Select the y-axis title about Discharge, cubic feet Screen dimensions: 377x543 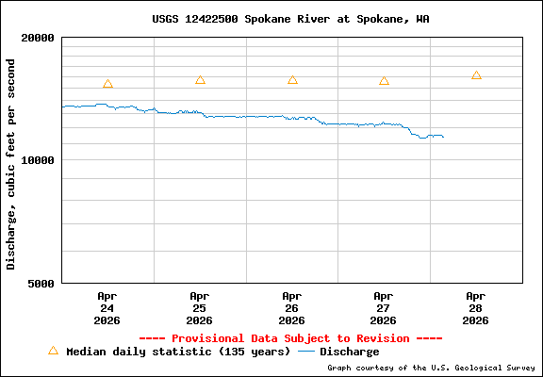point(11,164)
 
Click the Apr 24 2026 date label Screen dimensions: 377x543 point(107,307)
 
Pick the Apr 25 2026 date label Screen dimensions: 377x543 point(199,307)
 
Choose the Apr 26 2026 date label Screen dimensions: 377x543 point(291,307)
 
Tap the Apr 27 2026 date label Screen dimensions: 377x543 point(384,307)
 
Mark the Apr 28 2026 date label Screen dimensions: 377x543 point(476,307)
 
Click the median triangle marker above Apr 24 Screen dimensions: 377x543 point(107,84)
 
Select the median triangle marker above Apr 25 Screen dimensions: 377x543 point(200,80)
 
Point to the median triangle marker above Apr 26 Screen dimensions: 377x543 point(292,80)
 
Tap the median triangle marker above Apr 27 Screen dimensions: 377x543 point(384,81)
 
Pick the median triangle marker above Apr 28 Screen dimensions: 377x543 point(476,75)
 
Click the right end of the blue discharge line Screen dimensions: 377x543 point(442,138)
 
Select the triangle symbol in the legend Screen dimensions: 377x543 point(53,351)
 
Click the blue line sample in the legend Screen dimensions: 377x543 point(306,352)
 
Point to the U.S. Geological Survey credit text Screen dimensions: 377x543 point(433,368)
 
